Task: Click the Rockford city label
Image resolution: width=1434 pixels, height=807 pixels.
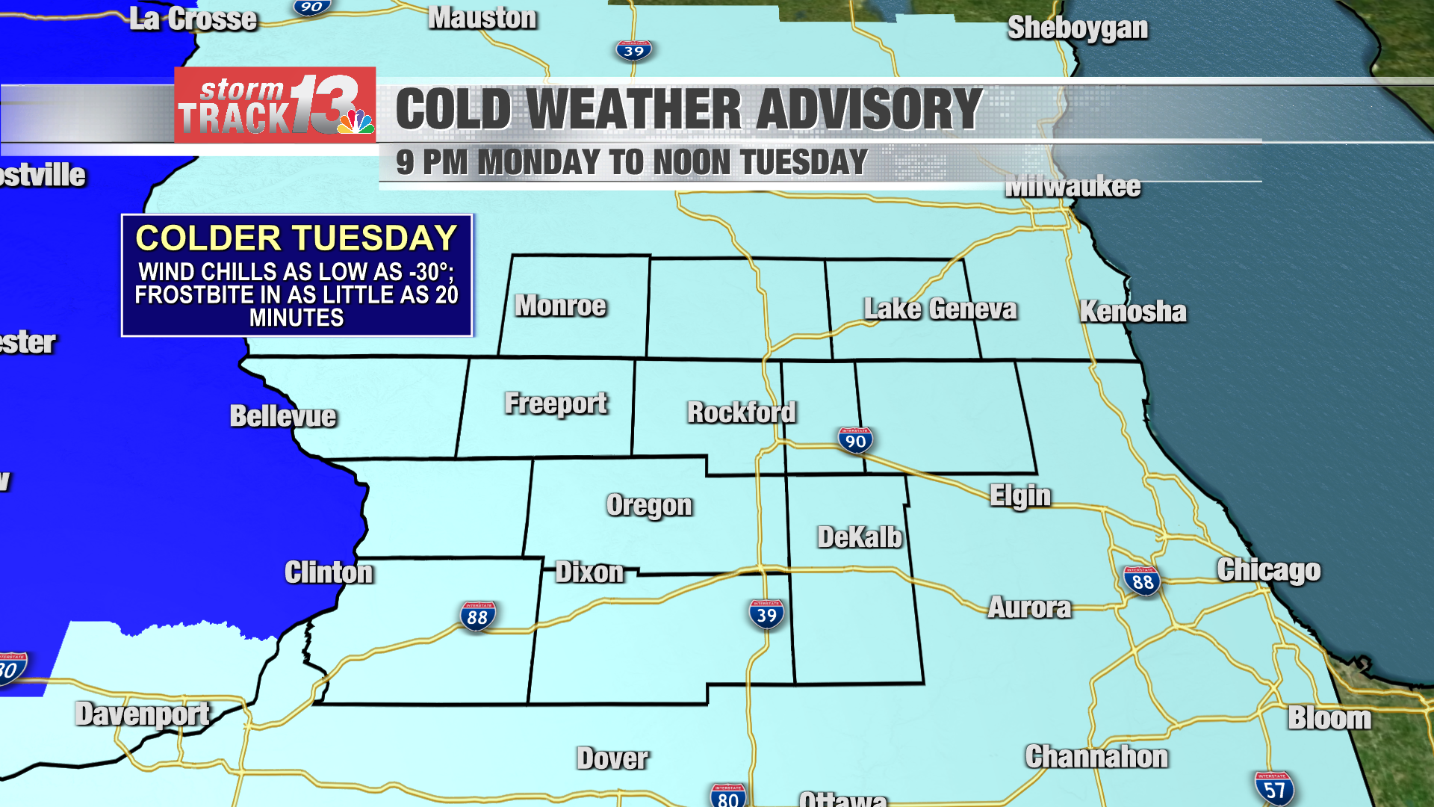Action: tap(742, 412)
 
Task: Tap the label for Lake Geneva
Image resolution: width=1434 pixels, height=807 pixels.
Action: tap(940, 309)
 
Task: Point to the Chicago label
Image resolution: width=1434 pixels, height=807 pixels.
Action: tap(1268, 570)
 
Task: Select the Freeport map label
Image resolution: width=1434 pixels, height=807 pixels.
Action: tap(556, 403)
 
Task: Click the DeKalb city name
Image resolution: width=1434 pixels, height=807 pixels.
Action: tap(860, 537)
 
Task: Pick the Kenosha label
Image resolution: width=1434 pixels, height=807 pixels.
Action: tap(1132, 312)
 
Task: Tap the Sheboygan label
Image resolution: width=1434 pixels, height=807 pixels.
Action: tap(1077, 28)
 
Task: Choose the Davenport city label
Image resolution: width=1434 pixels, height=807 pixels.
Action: tap(142, 714)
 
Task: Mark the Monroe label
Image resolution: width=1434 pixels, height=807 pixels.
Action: tap(560, 306)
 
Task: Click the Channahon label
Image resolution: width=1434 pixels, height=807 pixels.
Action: tap(1096, 757)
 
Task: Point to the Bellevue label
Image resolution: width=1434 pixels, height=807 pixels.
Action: tap(283, 416)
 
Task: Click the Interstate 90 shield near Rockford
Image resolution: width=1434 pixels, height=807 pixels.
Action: tap(855, 440)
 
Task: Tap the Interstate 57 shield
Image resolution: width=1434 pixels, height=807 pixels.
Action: tap(1274, 789)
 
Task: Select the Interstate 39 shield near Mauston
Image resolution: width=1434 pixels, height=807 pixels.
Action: tap(633, 50)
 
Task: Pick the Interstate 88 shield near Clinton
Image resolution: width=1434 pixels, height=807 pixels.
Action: tap(477, 616)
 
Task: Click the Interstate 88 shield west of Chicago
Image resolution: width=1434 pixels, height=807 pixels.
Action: tap(1142, 581)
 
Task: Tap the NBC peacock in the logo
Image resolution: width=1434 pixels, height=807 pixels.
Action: tap(356, 121)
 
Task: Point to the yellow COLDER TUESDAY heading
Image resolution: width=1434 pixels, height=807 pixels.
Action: tap(296, 238)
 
